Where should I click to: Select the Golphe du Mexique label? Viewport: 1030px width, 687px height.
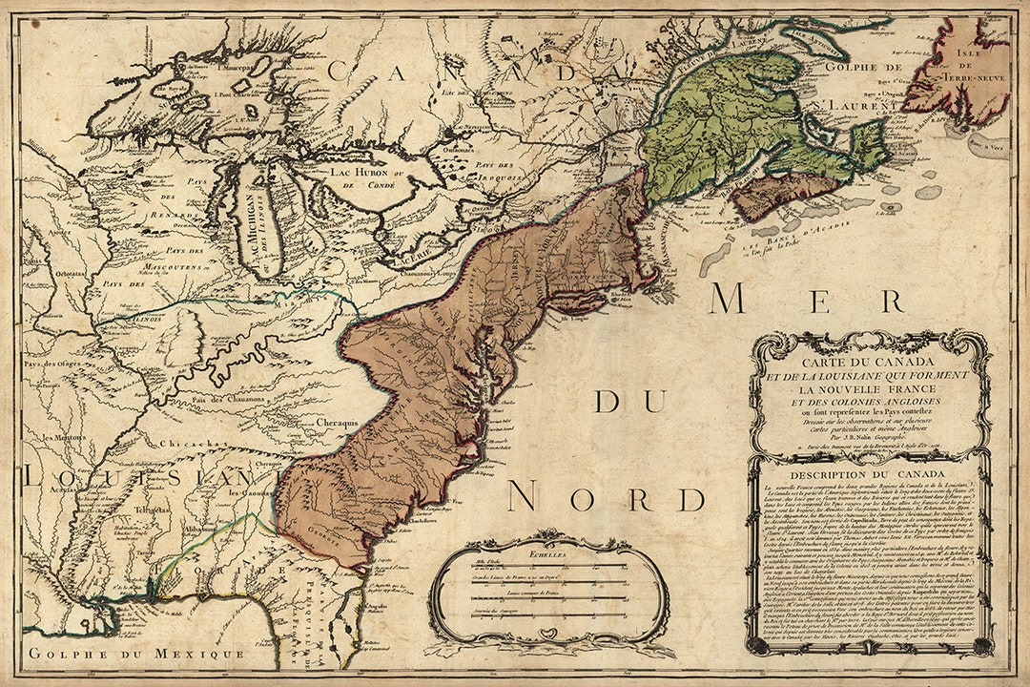coord(135,654)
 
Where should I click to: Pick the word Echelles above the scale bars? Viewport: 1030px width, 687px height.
coord(550,552)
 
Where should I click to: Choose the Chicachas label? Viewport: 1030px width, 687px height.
coord(186,443)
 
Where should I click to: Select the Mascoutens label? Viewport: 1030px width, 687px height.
coord(170,270)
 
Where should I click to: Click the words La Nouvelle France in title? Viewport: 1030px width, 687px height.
coord(869,389)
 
